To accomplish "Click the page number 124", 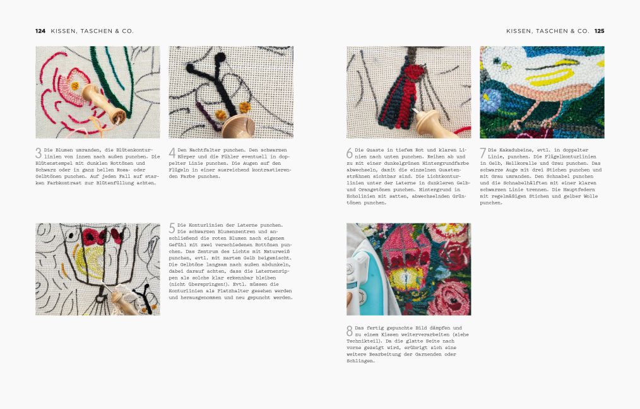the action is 40,31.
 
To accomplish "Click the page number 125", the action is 599,31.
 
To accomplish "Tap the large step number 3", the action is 39,153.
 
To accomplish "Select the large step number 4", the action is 172,153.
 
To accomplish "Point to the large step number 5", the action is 172,228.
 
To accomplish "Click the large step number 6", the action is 350,153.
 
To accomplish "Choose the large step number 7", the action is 483,153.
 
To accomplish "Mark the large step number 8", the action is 350,331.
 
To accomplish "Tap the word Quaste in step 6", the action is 375,150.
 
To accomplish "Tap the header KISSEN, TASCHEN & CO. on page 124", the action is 92,31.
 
